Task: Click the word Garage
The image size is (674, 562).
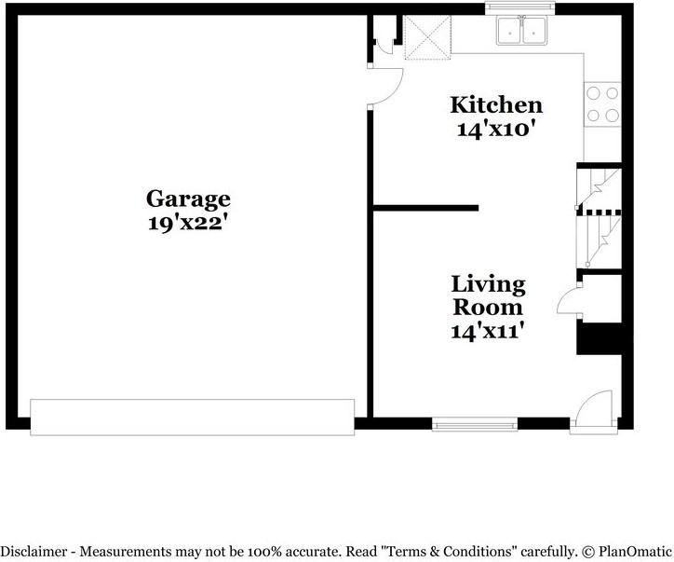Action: pyautogui.click(x=188, y=199)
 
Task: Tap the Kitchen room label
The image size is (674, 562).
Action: pyautogui.click(x=495, y=104)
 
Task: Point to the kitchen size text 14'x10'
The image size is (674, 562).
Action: pyautogui.click(x=495, y=130)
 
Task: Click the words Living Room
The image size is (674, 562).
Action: pyautogui.click(x=488, y=295)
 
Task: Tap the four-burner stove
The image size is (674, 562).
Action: pyautogui.click(x=602, y=104)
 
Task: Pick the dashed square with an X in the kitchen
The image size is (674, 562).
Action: pyautogui.click(x=426, y=36)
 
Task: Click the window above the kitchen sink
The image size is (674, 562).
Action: pyautogui.click(x=520, y=8)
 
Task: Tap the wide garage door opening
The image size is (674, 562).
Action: pyautogui.click(x=193, y=417)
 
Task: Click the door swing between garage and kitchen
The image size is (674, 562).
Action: pyautogui.click(x=385, y=88)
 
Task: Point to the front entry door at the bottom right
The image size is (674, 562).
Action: pyautogui.click(x=592, y=413)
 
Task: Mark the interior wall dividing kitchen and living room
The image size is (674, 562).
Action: pyautogui.click(x=425, y=208)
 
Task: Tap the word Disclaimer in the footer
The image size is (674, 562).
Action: pyautogui.click(x=34, y=551)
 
